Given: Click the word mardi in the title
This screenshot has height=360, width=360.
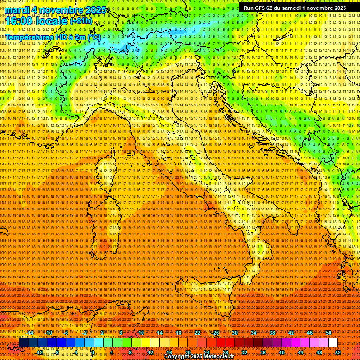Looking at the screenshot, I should click(18, 10).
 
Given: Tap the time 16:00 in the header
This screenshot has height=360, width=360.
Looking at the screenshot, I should click(20, 21).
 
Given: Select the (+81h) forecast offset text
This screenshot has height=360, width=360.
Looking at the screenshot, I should click(82, 21).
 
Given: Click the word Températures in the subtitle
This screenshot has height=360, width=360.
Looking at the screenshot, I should click(29, 37).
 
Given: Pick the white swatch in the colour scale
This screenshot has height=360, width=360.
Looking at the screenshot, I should click(333, 343).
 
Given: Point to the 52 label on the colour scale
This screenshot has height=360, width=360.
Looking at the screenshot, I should click(338, 352).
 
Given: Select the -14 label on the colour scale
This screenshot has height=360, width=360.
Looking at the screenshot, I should click(30, 333).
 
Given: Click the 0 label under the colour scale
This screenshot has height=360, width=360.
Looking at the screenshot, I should click(93, 352).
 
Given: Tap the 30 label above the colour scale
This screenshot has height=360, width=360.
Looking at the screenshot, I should click(235, 333).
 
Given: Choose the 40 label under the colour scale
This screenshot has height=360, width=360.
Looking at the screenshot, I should click(282, 352).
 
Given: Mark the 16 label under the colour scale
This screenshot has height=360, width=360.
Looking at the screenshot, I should click(169, 352).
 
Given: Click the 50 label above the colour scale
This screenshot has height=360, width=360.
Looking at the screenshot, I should click(329, 333).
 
